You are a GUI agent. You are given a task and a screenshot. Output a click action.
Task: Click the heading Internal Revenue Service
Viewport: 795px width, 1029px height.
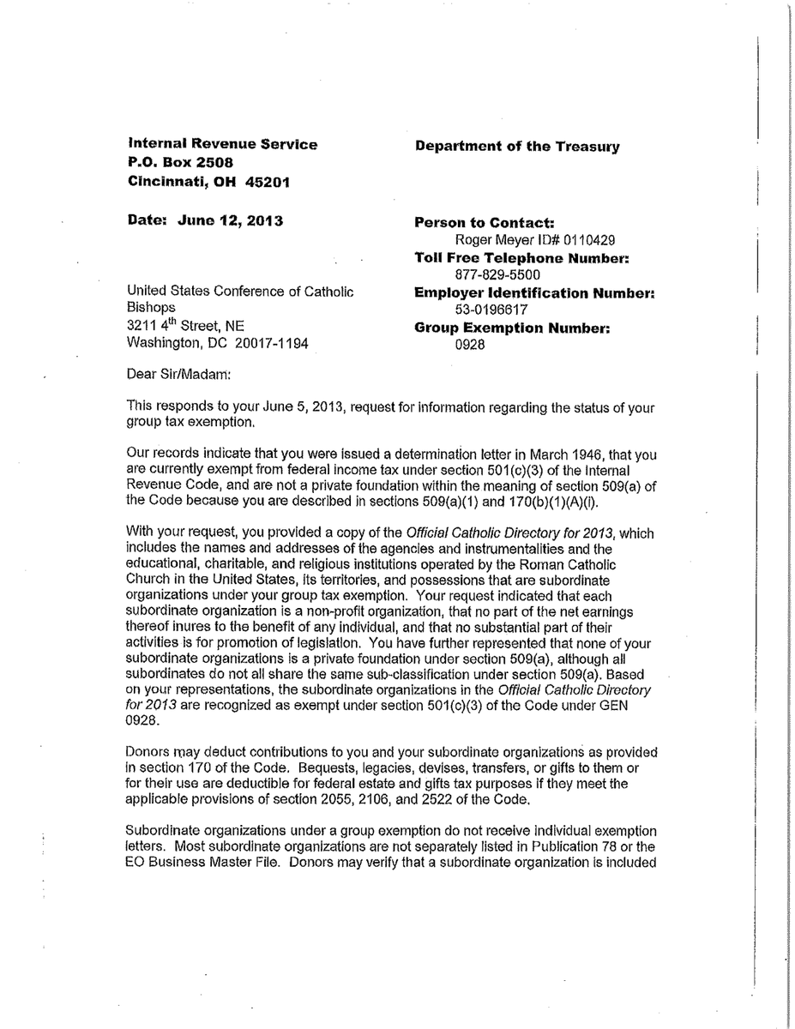[222, 144]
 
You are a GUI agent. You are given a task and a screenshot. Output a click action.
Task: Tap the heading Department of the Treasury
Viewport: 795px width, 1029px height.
[517, 146]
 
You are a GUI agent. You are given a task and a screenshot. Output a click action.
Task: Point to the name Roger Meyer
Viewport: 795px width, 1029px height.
[494, 240]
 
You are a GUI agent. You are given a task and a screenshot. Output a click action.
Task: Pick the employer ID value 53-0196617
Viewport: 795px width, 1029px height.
[491, 310]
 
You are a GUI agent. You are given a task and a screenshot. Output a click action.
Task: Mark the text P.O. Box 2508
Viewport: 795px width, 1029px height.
[180, 162]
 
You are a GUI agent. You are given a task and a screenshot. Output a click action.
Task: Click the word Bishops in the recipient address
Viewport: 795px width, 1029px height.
[151, 308]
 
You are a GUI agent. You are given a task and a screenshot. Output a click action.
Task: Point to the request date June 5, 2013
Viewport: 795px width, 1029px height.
[256, 407]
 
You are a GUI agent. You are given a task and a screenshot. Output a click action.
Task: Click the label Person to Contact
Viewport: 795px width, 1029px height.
[485, 223]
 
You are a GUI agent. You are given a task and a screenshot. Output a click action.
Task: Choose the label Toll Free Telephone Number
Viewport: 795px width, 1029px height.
[522, 258]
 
